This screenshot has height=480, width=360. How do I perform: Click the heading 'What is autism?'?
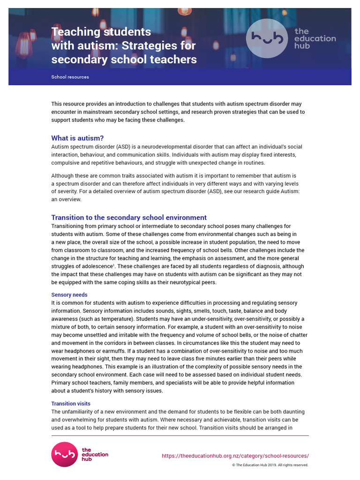click(77, 138)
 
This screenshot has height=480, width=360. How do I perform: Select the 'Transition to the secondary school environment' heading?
click(129, 217)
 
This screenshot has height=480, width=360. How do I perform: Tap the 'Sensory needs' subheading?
click(69, 295)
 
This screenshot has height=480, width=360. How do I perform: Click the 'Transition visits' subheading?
click(71, 404)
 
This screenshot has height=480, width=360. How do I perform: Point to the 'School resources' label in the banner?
click(70, 77)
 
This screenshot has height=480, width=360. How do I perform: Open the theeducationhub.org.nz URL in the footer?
click(235, 456)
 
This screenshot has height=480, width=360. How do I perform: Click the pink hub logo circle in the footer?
click(64, 454)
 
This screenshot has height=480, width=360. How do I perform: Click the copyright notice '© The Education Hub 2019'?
click(270, 465)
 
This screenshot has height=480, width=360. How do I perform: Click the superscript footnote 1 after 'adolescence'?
click(115, 265)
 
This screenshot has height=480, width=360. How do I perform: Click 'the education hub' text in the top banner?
click(315, 38)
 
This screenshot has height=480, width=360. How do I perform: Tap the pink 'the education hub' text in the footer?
click(95, 454)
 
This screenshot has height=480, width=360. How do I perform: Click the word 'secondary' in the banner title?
click(78, 60)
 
